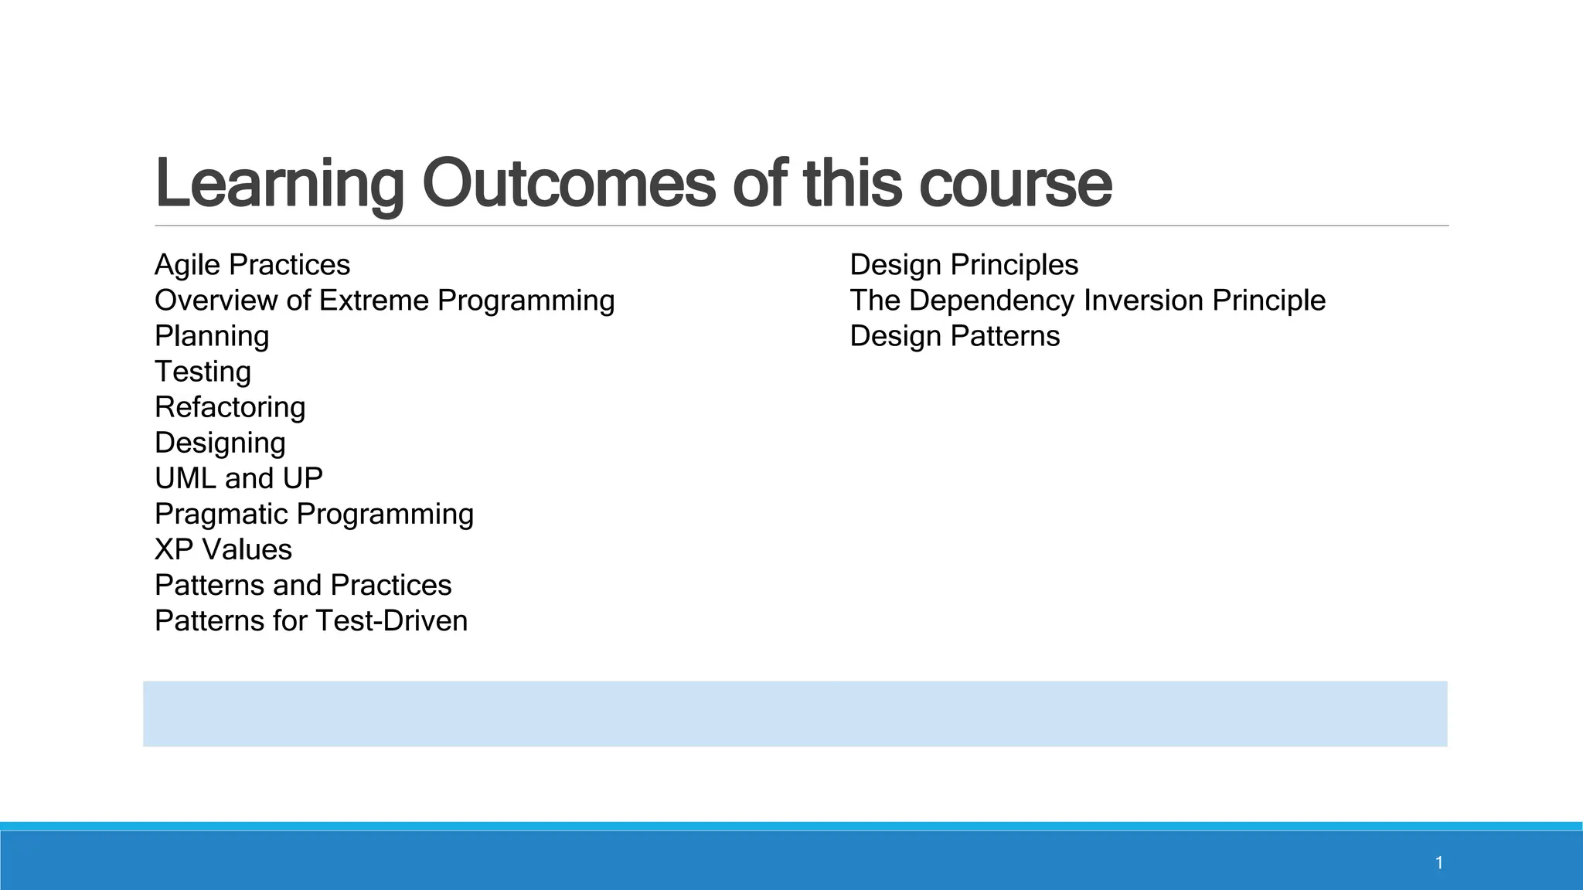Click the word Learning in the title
pos(279,184)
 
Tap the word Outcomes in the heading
pos(569,184)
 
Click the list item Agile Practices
pos(252,265)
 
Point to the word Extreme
pos(373,301)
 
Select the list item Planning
pos(212,336)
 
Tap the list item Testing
pos(203,372)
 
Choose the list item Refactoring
pos(230,407)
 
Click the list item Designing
pos(220,443)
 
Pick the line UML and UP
pos(238,478)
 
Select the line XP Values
pos(223,549)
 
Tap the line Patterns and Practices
pos(303,585)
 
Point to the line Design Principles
pos(964,265)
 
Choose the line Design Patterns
pos(955,336)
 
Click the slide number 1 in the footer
pos(1439,863)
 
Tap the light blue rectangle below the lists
pos(795,714)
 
